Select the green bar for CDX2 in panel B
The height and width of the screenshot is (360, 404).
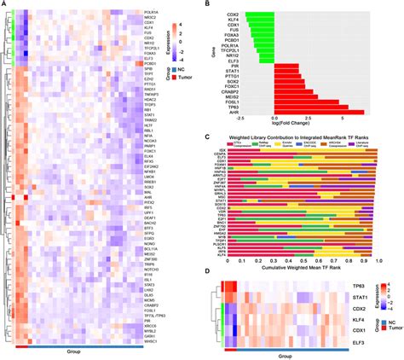click(x=261, y=15)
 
